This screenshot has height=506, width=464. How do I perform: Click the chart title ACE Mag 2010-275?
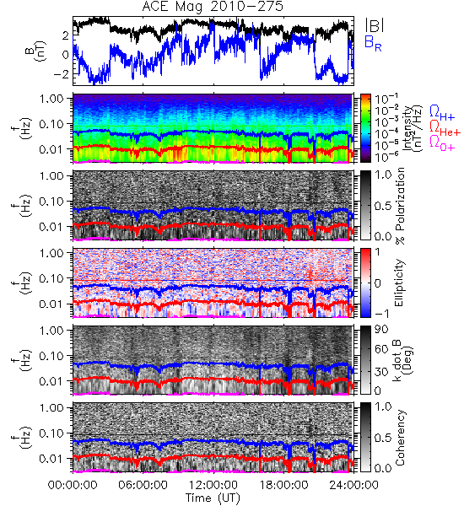tap(213, 7)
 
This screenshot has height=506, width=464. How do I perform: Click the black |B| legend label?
tap(375, 24)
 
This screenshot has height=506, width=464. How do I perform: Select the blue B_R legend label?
tap(373, 43)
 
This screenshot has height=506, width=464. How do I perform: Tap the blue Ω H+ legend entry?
tap(442, 113)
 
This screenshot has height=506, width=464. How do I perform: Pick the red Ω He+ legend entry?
tap(445, 128)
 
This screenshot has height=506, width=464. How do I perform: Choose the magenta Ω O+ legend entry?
tap(442, 143)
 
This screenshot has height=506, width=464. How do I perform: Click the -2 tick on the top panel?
tap(61, 74)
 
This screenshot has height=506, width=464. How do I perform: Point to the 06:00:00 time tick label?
tap(143, 485)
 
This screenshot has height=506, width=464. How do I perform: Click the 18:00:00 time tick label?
tap(283, 485)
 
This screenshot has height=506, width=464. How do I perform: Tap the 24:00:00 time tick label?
tap(353, 485)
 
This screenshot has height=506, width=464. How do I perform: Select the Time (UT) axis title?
tap(213, 498)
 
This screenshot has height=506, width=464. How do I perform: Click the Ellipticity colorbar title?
tap(399, 283)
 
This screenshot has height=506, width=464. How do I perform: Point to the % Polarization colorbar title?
tap(400, 206)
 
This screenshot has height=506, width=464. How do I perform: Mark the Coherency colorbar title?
tap(400, 438)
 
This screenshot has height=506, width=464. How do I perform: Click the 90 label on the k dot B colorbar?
tap(381, 330)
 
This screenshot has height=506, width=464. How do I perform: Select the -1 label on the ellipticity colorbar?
tap(381, 313)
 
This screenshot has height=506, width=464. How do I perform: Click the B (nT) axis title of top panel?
tap(36, 51)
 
